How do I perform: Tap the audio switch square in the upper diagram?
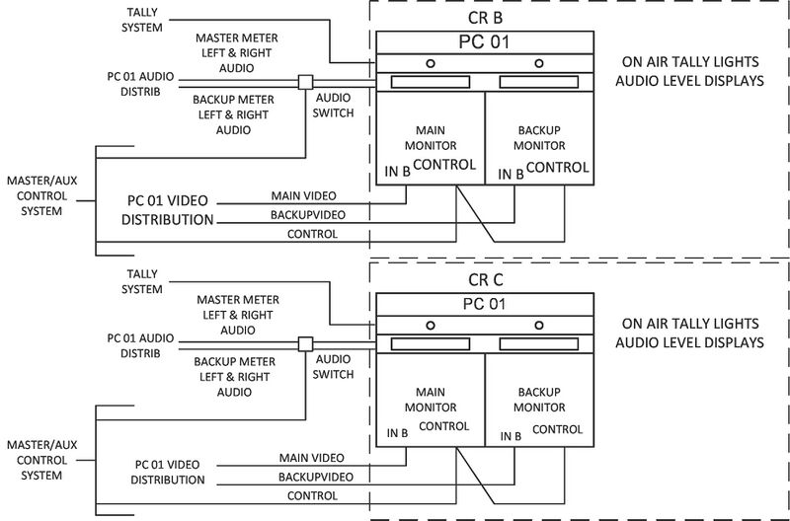click(306, 83)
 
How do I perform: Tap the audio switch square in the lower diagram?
click(306, 343)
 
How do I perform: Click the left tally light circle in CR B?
click(430, 64)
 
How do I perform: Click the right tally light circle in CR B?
click(538, 64)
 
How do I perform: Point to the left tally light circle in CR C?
click(430, 324)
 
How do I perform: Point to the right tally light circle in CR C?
click(538, 324)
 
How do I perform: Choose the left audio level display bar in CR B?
click(430, 83)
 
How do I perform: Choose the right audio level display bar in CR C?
click(538, 343)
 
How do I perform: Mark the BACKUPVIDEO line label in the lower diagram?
click(308, 476)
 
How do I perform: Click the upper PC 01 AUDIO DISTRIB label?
click(141, 84)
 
